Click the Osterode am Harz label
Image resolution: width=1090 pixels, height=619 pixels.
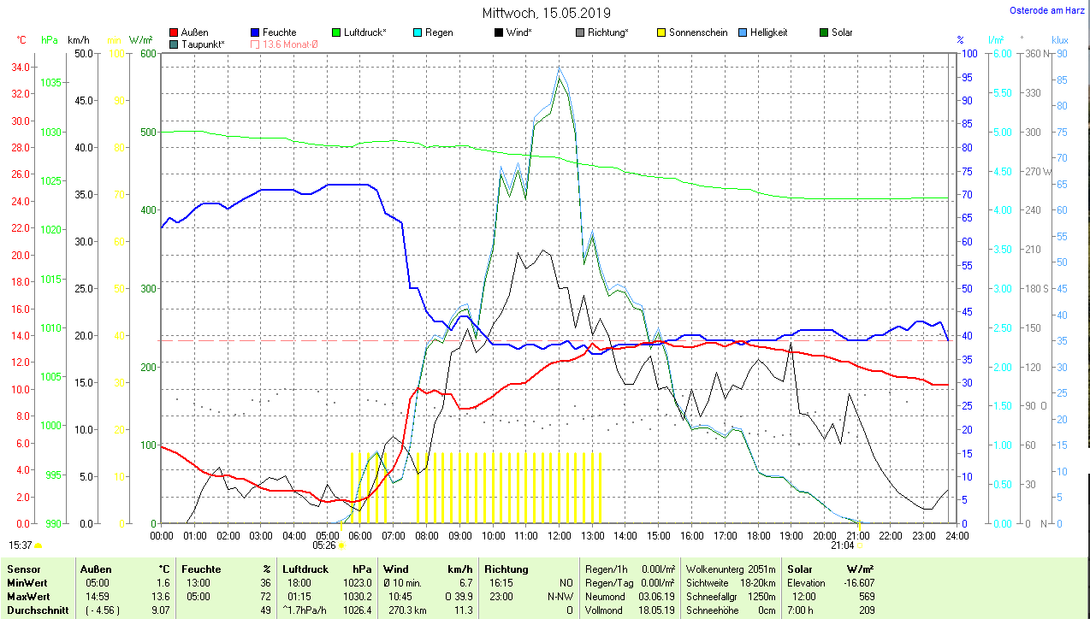[x=1047, y=11]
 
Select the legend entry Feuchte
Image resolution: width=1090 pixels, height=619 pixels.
[x=279, y=32]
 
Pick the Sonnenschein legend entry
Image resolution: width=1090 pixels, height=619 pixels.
[x=698, y=32]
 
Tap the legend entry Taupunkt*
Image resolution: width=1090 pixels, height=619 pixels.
[x=203, y=44]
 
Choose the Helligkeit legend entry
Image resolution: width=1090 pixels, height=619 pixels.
[x=768, y=32]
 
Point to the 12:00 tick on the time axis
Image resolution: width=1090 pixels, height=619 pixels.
[x=560, y=535]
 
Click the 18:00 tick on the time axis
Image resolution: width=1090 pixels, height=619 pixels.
[x=758, y=535]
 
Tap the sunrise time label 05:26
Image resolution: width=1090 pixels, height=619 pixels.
[x=323, y=545]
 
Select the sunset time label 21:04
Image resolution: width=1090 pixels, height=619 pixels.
[x=842, y=545]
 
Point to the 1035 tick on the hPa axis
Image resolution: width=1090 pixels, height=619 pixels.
[x=51, y=83]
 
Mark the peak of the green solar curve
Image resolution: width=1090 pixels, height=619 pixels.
[x=560, y=76]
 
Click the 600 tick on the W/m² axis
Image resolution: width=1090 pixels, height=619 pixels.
[x=147, y=53]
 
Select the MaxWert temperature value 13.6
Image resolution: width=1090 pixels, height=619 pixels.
[x=160, y=596]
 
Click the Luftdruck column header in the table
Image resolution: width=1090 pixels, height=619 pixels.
[x=306, y=569]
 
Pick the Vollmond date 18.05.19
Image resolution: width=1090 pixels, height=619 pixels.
[x=657, y=610]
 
